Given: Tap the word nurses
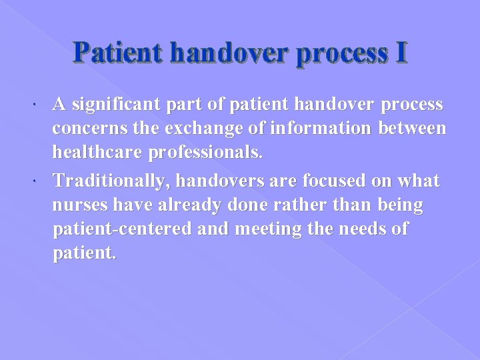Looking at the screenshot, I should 77,205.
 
